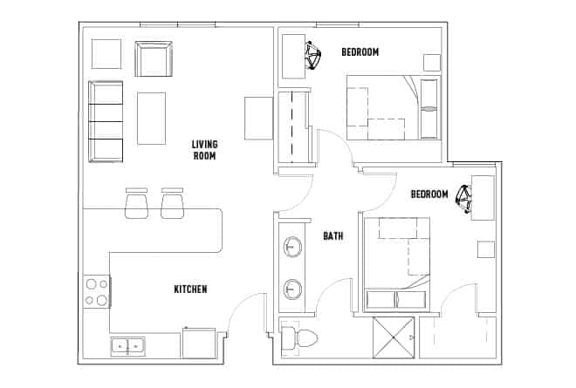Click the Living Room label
(x=204, y=150)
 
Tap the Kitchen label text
(x=190, y=289)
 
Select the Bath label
(x=333, y=235)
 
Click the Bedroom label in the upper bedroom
(x=360, y=52)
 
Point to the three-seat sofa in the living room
(x=106, y=121)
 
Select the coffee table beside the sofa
(x=151, y=118)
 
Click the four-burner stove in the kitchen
(x=96, y=292)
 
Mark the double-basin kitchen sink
(x=128, y=346)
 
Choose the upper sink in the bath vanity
(x=292, y=248)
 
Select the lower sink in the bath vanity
(x=292, y=288)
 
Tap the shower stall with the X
(x=393, y=338)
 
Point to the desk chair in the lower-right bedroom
(x=463, y=201)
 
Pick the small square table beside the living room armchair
(x=106, y=54)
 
